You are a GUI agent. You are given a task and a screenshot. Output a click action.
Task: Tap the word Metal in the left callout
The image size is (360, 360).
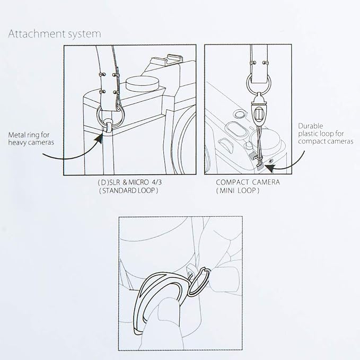(x=16, y=135)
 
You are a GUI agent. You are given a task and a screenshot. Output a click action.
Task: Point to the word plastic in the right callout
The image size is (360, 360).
(x=309, y=134)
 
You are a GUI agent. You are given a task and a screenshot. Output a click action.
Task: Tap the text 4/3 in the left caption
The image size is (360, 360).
(x=156, y=182)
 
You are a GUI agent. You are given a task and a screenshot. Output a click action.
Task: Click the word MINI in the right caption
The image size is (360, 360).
(x=227, y=190)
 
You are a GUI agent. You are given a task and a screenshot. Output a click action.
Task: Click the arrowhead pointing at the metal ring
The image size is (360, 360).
(x=99, y=138)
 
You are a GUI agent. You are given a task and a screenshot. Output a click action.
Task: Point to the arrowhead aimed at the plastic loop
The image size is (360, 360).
(x=270, y=168)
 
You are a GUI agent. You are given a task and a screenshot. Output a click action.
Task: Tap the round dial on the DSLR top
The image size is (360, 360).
(x=143, y=84)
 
